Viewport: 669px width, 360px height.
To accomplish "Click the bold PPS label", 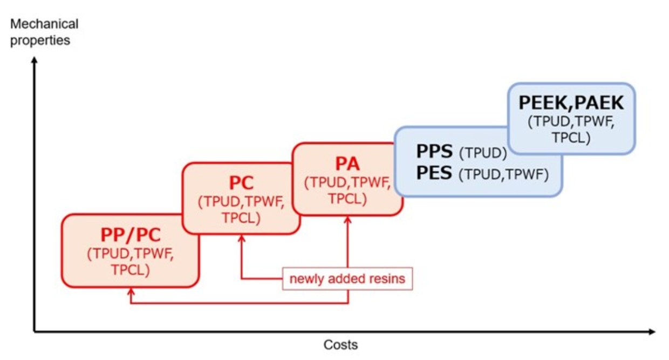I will click(434, 152).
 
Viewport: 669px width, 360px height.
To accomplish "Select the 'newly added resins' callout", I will click(347, 279).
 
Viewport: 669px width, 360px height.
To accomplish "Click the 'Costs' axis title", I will click(340, 344).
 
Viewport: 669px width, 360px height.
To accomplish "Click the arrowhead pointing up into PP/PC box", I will click(131, 291).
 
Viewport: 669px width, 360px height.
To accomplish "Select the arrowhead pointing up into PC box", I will click(241, 239).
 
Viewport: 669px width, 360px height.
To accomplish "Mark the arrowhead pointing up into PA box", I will click(347, 220).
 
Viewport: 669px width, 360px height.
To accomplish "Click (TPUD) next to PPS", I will click(482, 153).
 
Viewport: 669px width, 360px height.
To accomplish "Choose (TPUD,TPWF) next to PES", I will click(503, 174).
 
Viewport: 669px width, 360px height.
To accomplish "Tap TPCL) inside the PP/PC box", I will click(131, 269).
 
